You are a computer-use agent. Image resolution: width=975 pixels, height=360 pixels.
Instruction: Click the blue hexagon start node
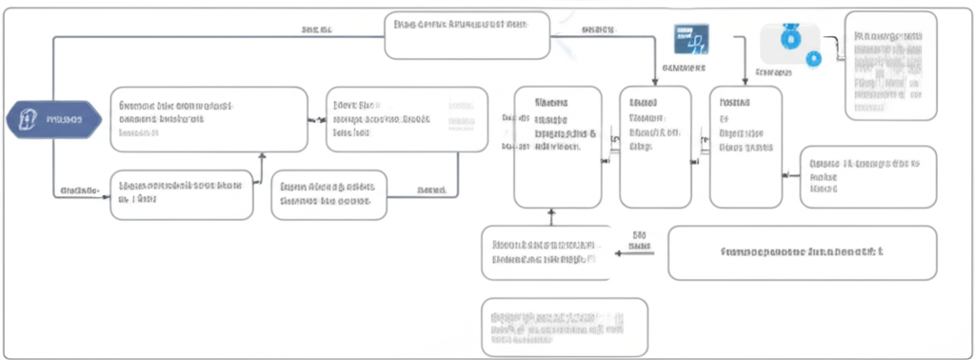[52, 119]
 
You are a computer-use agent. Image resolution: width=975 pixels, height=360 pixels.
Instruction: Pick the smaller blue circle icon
[813, 58]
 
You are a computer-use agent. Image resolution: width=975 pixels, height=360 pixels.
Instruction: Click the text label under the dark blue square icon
[683, 69]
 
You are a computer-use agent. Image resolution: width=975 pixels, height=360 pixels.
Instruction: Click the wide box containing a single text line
[802, 253]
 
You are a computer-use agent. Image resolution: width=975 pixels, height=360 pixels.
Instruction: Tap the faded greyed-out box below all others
[564, 327]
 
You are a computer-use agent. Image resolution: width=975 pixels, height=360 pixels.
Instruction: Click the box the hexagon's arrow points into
[209, 119]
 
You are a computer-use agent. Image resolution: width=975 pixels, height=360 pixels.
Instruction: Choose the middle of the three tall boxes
[655, 147]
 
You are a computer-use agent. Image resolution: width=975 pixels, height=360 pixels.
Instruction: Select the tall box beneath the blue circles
[746, 147]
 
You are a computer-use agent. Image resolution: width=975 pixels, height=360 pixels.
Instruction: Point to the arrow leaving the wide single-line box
[636, 253]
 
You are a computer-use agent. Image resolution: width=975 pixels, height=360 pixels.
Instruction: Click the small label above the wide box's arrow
[640, 233]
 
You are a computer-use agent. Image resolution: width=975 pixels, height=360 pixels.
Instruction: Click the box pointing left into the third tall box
[867, 177]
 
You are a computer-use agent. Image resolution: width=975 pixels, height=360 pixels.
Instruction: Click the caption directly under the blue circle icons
[773, 72]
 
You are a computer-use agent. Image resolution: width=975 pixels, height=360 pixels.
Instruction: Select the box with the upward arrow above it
[182, 194]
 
